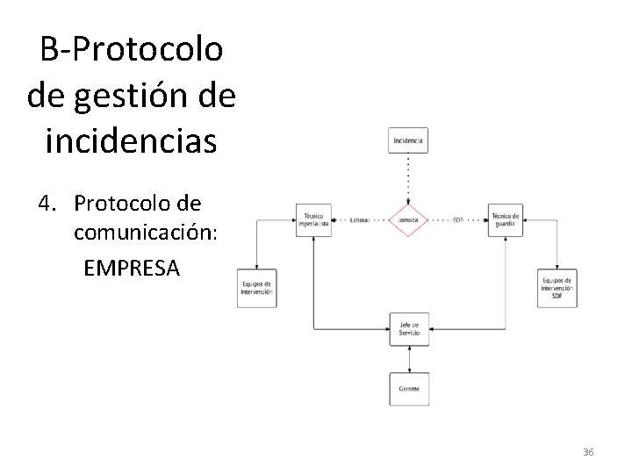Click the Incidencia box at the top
(408, 140)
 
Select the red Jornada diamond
(408, 219)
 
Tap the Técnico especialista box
(313, 219)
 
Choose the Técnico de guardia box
(506, 219)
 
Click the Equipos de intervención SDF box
(557, 288)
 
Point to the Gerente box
(408, 387)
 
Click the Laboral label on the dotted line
(358, 219)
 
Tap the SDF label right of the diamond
(458, 219)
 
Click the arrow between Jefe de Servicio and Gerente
(408, 358)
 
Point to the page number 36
(588, 451)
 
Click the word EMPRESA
(132, 267)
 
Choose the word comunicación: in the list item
(139, 234)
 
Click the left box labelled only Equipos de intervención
(256, 288)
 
